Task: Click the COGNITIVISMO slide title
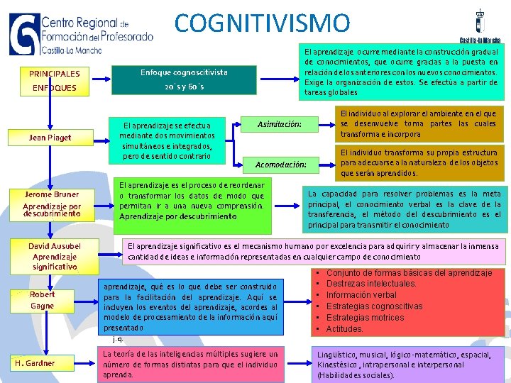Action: click(262, 23)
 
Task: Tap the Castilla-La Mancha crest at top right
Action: click(479, 23)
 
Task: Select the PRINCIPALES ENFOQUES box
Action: click(55, 81)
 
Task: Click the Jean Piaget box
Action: click(50, 138)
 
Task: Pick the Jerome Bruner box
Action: click(51, 204)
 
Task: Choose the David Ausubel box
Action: click(55, 256)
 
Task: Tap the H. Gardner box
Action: click(35, 363)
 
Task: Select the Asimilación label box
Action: click(280, 125)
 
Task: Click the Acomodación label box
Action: click(280, 165)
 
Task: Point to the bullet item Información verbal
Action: click(361, 295)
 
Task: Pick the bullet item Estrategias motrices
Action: click(365, 318)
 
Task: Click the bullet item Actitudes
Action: click(344, 329)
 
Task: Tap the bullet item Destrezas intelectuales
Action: click(371, 284)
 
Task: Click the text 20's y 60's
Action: click(184, 87)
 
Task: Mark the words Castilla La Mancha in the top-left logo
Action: click(72, 51)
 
